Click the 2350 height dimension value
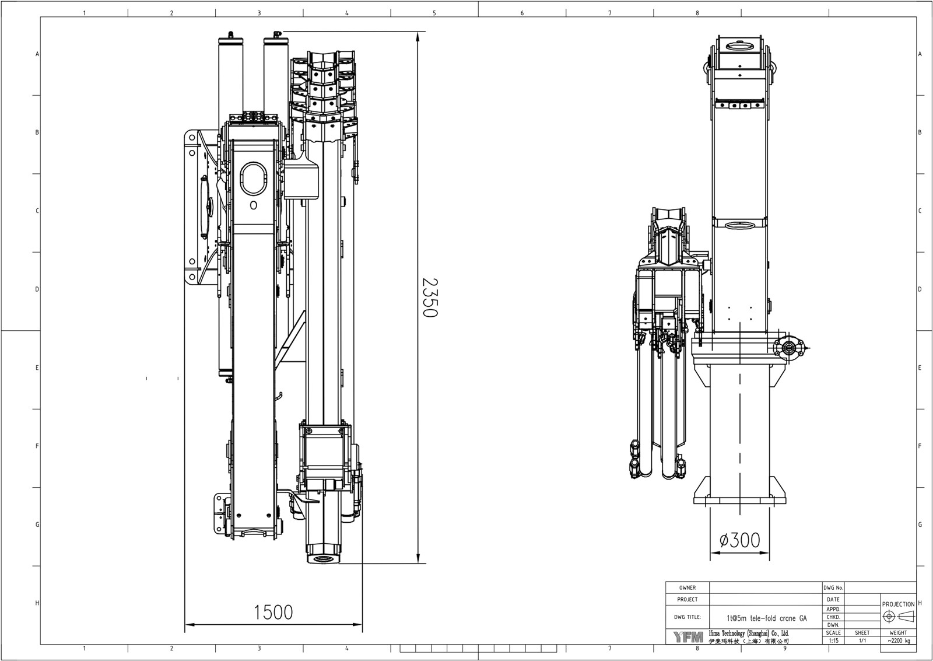[430, 298]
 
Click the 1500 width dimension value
[273, 612]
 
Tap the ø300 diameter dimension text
[739, 541]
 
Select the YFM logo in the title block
[689, 636]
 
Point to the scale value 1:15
[833, 640]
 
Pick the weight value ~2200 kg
[898, 640]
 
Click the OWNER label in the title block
[688, 587]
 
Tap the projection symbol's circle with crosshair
[889, 617]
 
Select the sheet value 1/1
[862, 640]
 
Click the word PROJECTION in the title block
[898, 604]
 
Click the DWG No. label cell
[833, 587]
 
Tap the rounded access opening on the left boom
[252, 179]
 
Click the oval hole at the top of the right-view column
[739, 45]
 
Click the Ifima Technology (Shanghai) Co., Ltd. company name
[748, 633]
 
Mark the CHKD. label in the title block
[833, 617]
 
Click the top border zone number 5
[434, 12]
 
